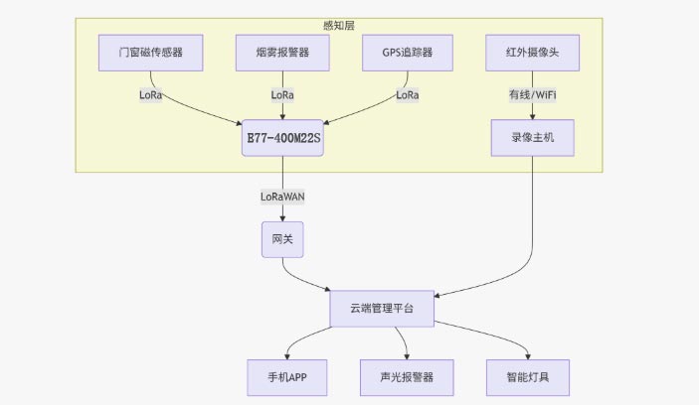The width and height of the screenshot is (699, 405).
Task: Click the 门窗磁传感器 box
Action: pyautogui.click(x=150, y=52)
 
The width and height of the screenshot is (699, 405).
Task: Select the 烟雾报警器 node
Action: pyautogui.click(x=282, y=52)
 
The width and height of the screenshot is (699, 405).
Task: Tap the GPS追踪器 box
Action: pyautogui.click(x=408, y=52)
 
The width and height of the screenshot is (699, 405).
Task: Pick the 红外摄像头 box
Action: pyautogui.click(x=533, y=52)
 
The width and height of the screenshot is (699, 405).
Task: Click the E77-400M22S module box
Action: pyautogui.click(x=282, y=139)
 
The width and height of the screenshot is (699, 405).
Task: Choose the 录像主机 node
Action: pyautogui.click(x=533, y=139)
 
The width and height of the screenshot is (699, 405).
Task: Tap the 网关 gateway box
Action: pyautogui.click(x=282, y=239)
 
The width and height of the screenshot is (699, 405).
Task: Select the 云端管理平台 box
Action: pyautogui.click(x=383, y=309)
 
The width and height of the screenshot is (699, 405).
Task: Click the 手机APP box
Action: pyautogui.click(x=287, y=377)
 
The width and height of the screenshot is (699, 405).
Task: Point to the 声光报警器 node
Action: pyautogui.click(x=408, y=377)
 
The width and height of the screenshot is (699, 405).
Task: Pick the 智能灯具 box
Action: pyautogui.click(x=528, y=377)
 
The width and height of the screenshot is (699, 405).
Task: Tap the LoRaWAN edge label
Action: pyautogui.click(x=282, y=197)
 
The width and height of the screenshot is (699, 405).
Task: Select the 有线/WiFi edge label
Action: pyautogui.click(x=533, y=95)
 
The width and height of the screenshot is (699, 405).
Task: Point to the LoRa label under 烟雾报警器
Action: pyautogui.click(x=282, y=95)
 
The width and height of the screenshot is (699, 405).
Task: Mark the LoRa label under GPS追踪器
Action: pyautogui.click(x=408, y=95)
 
